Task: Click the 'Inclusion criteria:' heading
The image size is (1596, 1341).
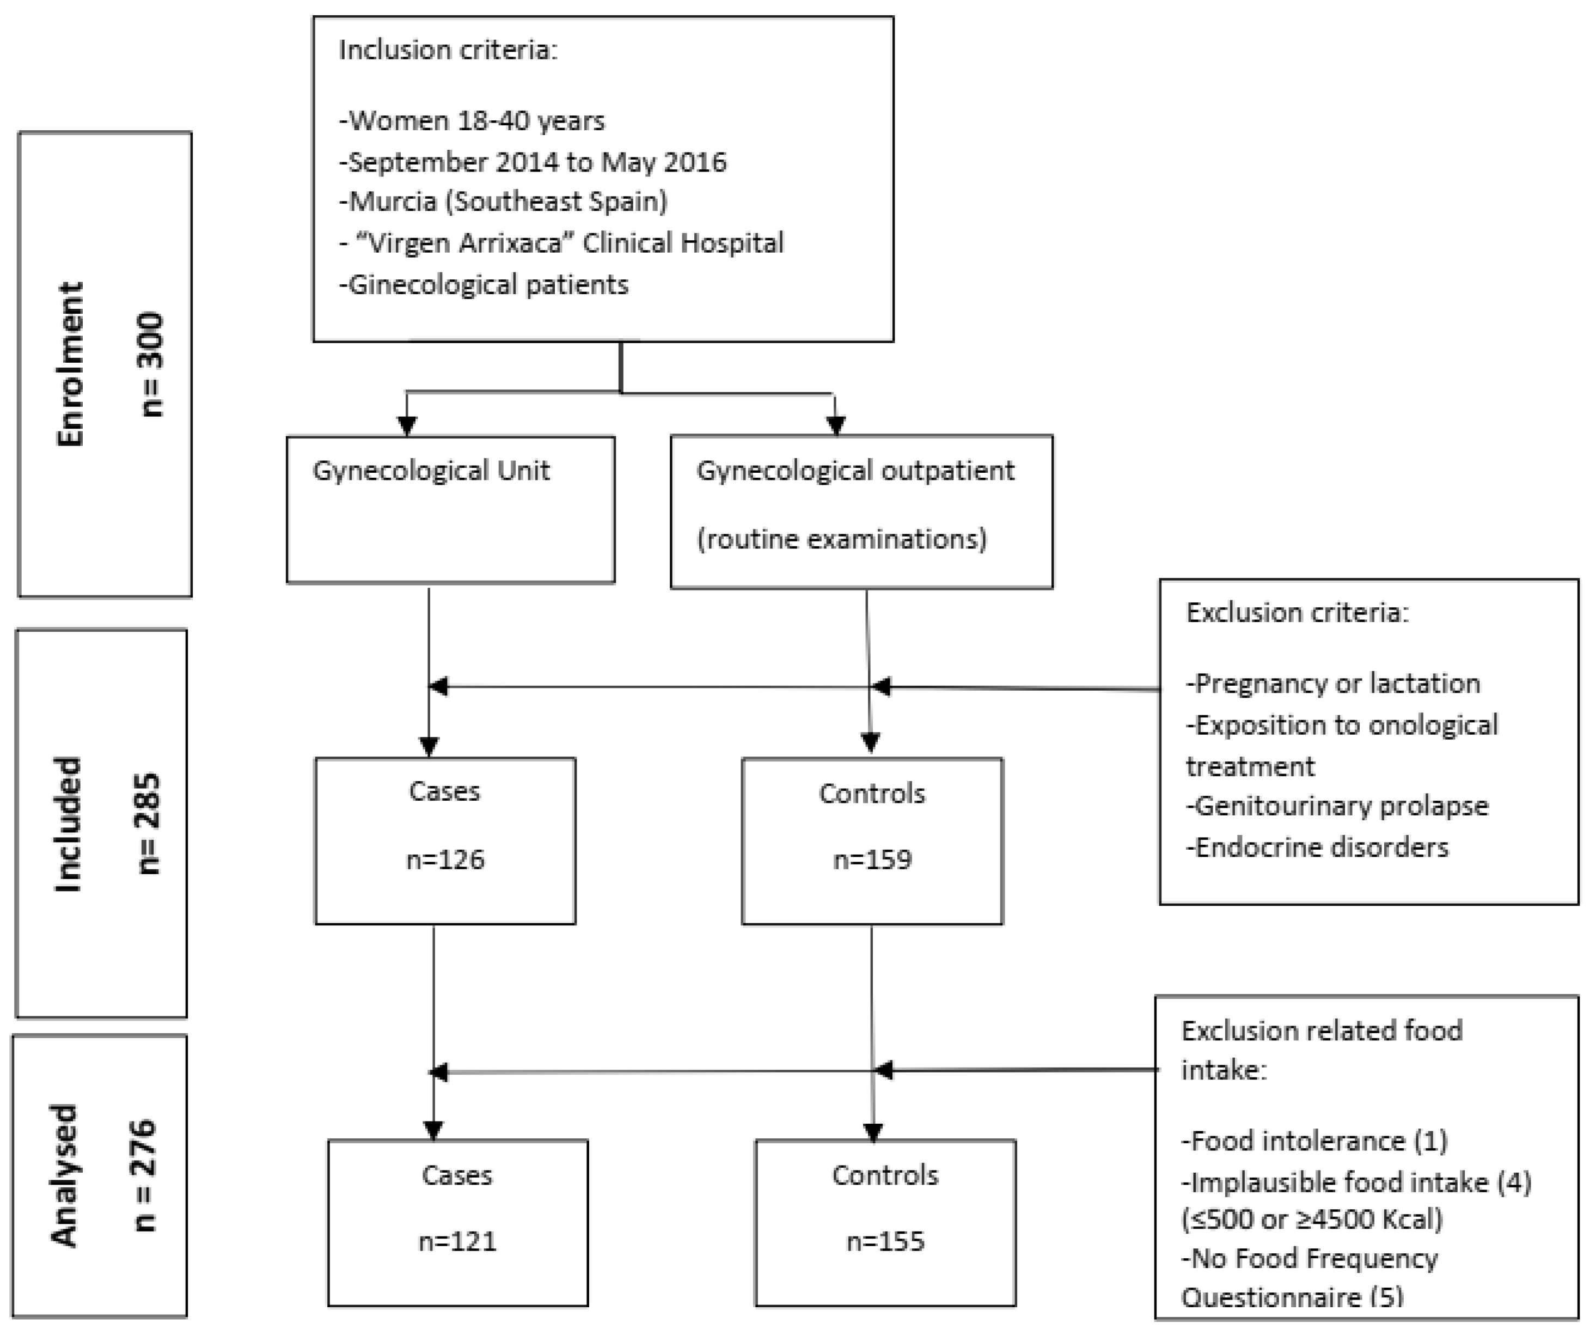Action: tap(448, 50)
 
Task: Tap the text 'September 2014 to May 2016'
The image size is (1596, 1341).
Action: tap(533, 162)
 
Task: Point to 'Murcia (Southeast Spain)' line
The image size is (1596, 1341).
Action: tap(503, 202)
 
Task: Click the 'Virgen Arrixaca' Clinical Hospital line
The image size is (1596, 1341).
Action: tap(561, 243)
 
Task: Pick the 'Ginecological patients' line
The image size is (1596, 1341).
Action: tap(484, 285)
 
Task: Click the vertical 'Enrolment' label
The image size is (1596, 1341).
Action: tap(70, 363)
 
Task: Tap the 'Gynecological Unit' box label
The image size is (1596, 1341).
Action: tap(431, 471)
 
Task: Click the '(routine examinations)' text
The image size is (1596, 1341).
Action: tap(841, 539)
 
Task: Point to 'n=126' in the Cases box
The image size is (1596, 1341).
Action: tap(445, 860)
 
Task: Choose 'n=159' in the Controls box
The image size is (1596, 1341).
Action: tap(872, 860)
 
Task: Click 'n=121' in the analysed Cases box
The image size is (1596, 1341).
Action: tap(457, 1241)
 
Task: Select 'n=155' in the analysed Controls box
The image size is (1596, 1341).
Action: tap(885, 1241)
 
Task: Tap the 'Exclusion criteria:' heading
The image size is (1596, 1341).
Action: tap(1297, 613)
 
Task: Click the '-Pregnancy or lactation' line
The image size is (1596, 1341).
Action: tap(1333, 684)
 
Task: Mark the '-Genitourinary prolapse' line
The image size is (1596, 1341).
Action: tap(1337, 806)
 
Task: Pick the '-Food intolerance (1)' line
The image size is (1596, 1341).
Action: tap(1314, 1141)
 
